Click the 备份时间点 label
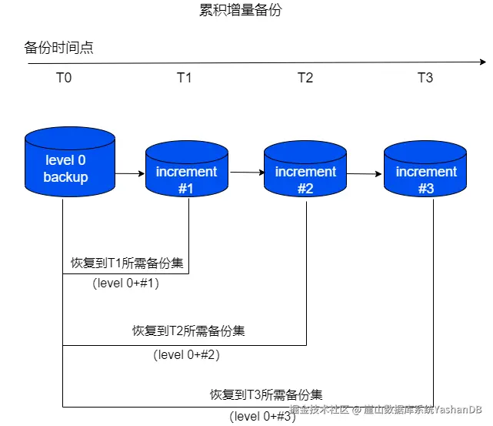pos(58,48)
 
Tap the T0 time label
pos(64,77)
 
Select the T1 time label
pos(185,77)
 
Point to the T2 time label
pos(305,77)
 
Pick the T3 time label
pos(425,77)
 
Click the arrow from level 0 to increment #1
pos(130,173)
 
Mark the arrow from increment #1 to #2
pos(246,173)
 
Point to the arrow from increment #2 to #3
pos(365,173)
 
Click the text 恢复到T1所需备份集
pos(126,263)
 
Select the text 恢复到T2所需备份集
pos(188,331)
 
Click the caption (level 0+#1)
pos(126,283)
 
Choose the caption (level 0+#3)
pos(262,417)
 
